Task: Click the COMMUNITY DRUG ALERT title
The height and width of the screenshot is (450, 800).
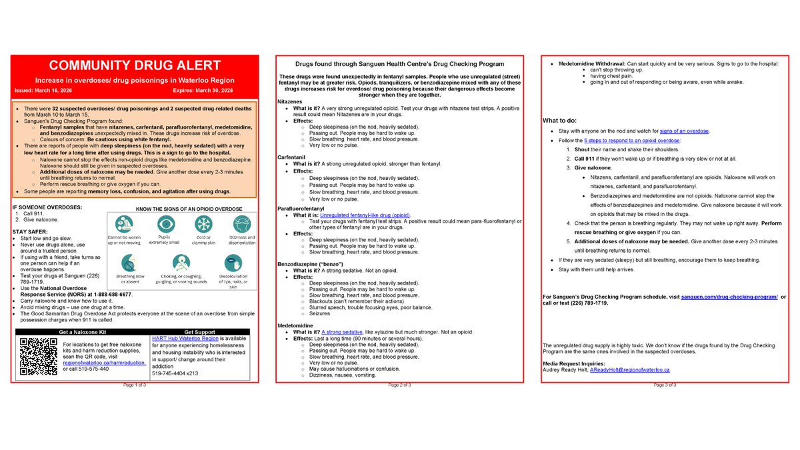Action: click(x=134, y=65)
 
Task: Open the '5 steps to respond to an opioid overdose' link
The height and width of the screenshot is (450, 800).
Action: click(x=631, y=141)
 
